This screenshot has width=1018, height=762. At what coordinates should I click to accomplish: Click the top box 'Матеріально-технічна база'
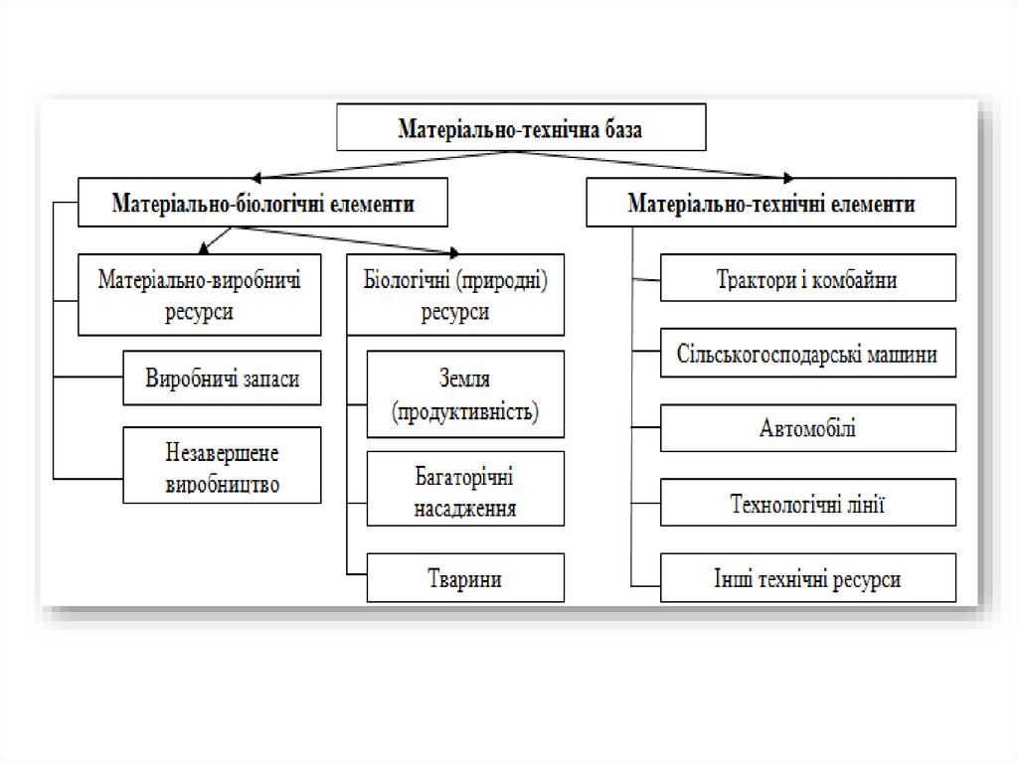[x=521, y=128]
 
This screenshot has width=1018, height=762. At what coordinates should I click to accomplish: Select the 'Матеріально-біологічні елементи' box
[x=263, y=204]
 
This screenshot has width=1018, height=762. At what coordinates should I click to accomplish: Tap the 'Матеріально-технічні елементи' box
[x=770, y=204]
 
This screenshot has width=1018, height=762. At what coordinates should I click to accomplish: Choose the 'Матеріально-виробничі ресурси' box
[x=200, y=294]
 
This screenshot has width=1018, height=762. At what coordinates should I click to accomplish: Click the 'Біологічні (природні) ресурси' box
[x=455, y=294]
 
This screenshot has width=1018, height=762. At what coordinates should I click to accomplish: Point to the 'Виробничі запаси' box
[x=223, y=378]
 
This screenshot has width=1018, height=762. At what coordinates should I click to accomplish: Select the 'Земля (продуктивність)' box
[x=465, y=393]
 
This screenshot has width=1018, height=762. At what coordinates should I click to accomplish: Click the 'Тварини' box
[x=465, y=578]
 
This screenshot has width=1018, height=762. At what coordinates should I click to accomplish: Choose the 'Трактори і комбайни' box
[x=807, y=280]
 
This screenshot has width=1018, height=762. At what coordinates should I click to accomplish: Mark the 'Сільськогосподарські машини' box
[x=807, y=354]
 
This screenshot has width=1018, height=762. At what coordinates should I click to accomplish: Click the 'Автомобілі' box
[x=807, y=428]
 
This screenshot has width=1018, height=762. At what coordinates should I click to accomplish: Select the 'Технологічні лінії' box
[x=807, y=504]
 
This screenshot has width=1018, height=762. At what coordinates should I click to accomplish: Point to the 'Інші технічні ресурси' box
[x=807, y=578]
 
